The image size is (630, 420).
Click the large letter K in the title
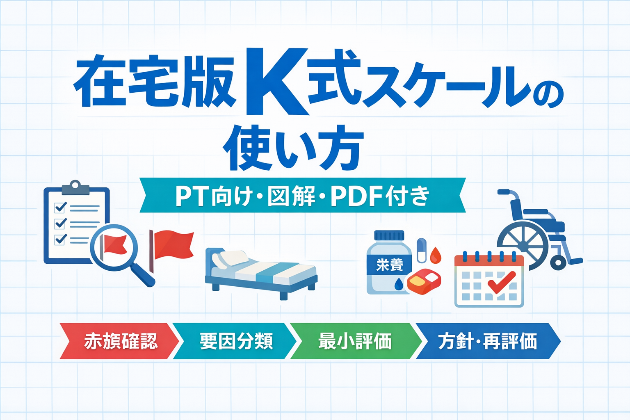[x=277, y=82]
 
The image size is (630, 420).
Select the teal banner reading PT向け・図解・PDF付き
[x=303, y=195]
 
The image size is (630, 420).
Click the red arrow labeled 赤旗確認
[x=119, y=341]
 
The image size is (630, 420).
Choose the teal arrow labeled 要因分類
[x=235, y=341]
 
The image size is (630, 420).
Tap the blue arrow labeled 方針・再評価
[x=488, y=341]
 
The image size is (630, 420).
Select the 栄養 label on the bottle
[x=390, y=265]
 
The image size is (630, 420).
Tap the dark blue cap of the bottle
[x=389, y=235]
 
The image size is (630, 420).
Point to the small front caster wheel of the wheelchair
[x=558, y=263]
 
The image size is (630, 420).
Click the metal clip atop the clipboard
[x=75, y=187]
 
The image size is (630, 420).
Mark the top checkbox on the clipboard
[x=60, y=208]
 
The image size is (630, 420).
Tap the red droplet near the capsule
[x=435, y=255]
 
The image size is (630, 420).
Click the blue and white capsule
[x=421, y=251]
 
